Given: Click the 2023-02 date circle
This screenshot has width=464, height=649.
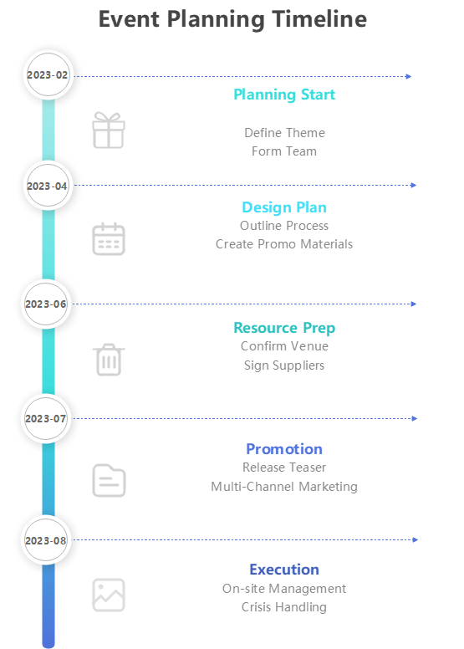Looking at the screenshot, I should pyautogui.click(x=48, y=75).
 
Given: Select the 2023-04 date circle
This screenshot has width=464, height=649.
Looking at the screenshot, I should pyautogui.click(x=48, y=186).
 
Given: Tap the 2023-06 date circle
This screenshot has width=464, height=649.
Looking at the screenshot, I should pyautogui.click(x=48, y=304).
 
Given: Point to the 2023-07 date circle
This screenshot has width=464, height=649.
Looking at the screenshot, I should pyautogui.click(x=48, y=418).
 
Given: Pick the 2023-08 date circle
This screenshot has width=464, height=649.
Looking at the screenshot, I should pyautogui.click(x=48, y=540).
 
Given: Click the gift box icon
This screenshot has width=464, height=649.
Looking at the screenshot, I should pyautogui.click(x=108, y=130).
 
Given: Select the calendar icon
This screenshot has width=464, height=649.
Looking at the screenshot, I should pyautogui.click(x=108, y=239).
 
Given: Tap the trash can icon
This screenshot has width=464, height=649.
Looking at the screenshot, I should pyautogui.click(x=108, y=359).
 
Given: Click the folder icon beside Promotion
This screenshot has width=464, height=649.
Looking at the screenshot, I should pyautogui.click(x=108, y=480).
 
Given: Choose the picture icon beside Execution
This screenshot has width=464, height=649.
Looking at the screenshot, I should pyautogui.click(x=108, y=595).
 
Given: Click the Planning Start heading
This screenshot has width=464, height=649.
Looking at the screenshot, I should pyautogui.click(x=284, y=95).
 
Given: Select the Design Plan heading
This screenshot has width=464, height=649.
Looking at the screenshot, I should pyautogui.click(x=284, y=207).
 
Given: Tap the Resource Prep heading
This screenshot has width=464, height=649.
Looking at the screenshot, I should pyautogui.click(x=284, y=328).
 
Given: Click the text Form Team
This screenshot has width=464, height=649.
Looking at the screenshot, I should pyautogui.click(x=284, y=151).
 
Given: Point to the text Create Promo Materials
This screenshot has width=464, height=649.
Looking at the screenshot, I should pyautogui.click(x=284, y=244).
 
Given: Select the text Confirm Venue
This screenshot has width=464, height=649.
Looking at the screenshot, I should pyautogui.click(x=284, y=346).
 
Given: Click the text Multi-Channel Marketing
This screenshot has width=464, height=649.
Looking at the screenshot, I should pyautogui.click(x=284, y=487).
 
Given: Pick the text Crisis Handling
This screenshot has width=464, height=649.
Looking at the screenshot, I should pyautogui.click(x=284, y=607).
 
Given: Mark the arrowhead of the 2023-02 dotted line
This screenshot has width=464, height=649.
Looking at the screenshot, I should pyautogui.click(x=409, y=76).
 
